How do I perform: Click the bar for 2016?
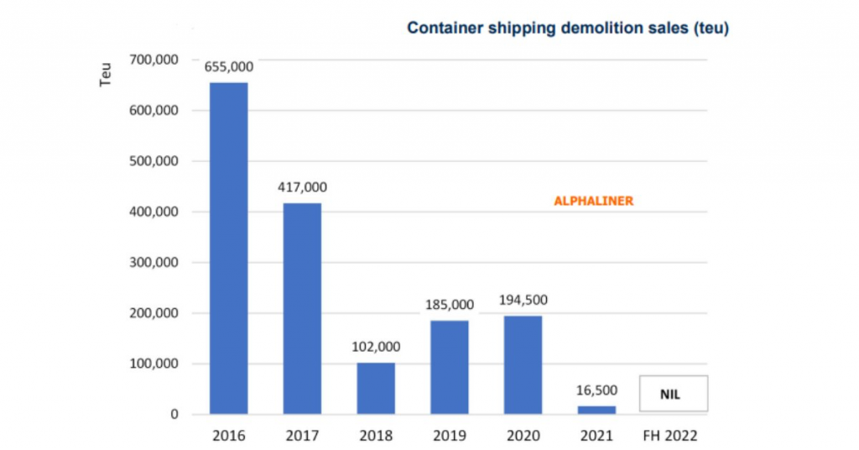(228, 248)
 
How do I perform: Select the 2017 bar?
(302, 308)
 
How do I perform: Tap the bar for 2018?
(376, 388)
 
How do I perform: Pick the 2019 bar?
(450, 367)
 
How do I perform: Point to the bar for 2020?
(523, 364)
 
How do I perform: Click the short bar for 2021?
(596, 410)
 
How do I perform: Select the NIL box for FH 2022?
(674, 394)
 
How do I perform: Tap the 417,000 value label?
(303, 187)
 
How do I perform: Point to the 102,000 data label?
(376, 346)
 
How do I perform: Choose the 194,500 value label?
(523, 300)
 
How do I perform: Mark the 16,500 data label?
(597, 390)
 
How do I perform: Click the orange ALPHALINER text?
(593, 201)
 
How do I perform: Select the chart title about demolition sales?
(568, 29)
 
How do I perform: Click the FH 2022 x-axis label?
(670, 436)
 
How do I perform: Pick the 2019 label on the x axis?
(450, 436)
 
